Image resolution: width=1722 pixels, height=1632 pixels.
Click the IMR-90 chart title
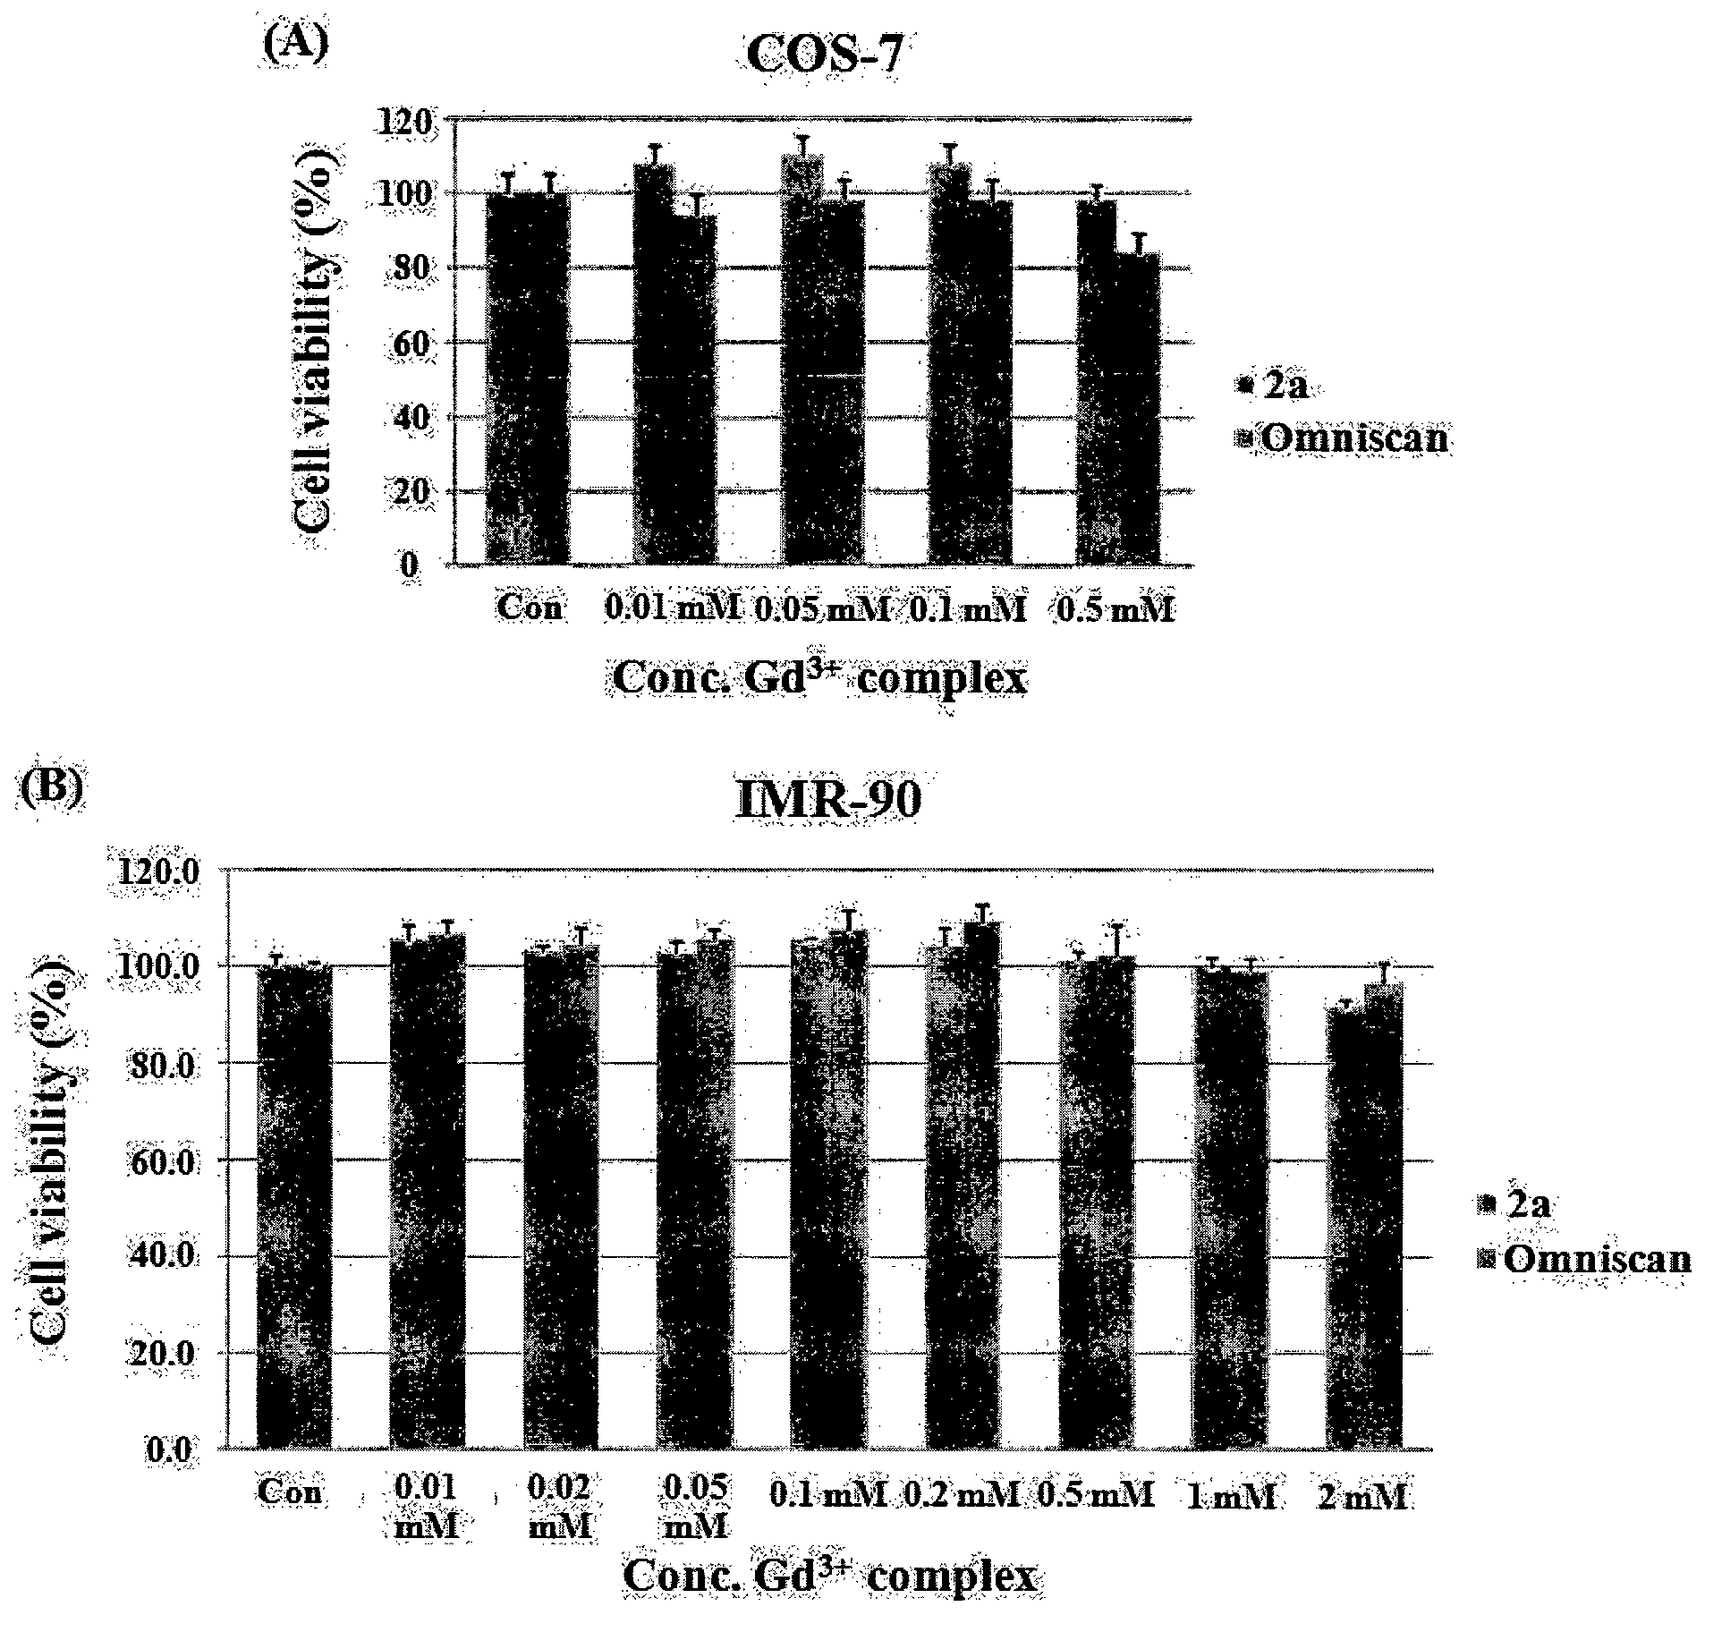coord(828,799)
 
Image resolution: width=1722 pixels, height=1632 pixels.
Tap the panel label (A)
coord(295,43)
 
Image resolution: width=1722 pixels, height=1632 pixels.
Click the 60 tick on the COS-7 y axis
coord(417,343)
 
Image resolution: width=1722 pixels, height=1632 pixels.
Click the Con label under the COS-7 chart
coord(530,608)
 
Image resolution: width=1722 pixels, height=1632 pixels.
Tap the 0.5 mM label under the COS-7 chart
coord(1115,609)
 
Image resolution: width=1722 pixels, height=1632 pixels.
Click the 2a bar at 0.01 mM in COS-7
coord(655,364)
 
